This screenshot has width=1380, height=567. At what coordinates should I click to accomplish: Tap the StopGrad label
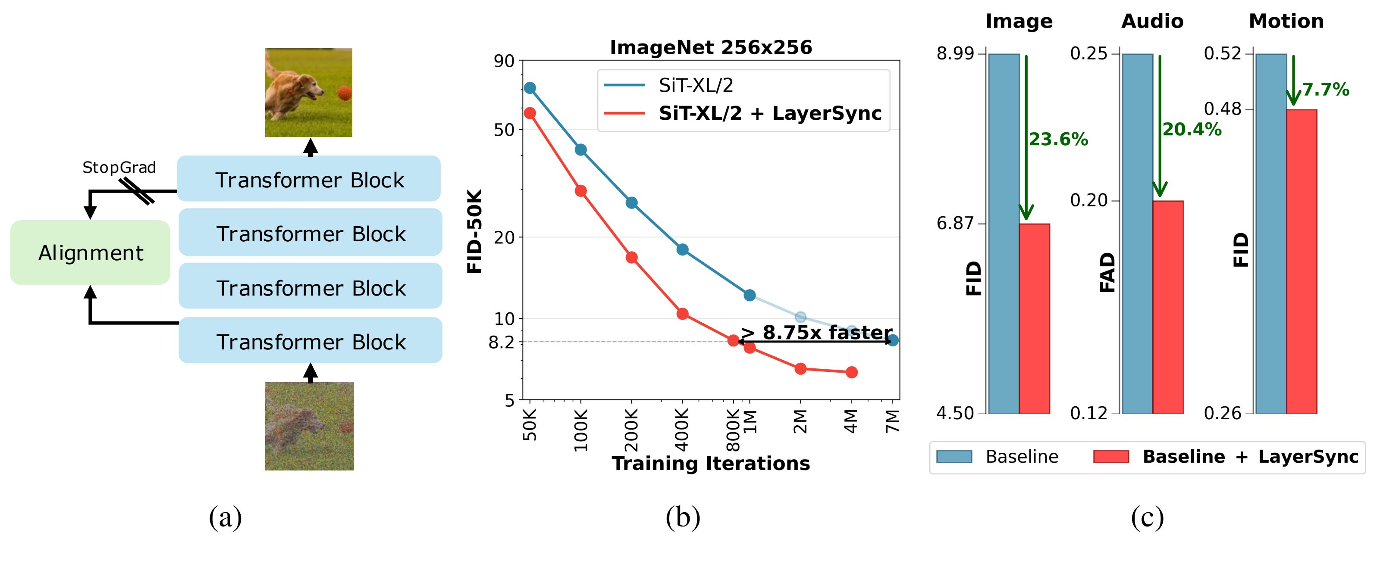point(119,168)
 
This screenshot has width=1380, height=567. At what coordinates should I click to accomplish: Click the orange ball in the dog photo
point(344,93)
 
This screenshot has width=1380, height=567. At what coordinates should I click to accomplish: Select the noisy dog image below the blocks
point(309,426)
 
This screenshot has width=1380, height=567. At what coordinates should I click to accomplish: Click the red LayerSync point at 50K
point(530,113)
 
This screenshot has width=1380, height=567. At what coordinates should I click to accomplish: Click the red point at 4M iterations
point(851,372)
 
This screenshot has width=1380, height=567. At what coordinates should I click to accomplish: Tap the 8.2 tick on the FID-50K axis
point(502,342)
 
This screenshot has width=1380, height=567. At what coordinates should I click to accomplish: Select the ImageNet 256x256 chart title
point(711,48)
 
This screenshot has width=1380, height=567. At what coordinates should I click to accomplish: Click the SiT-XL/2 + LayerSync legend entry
point(769,113)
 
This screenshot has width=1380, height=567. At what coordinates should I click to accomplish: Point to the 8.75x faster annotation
point(817,333)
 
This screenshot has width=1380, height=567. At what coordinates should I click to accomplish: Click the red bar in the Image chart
point(1035,318)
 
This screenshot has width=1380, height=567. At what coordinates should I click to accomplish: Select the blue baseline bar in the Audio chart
point(1137,234)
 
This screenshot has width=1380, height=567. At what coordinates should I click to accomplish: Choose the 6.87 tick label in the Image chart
point(955,223)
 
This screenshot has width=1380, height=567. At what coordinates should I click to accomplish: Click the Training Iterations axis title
point(711,463)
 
